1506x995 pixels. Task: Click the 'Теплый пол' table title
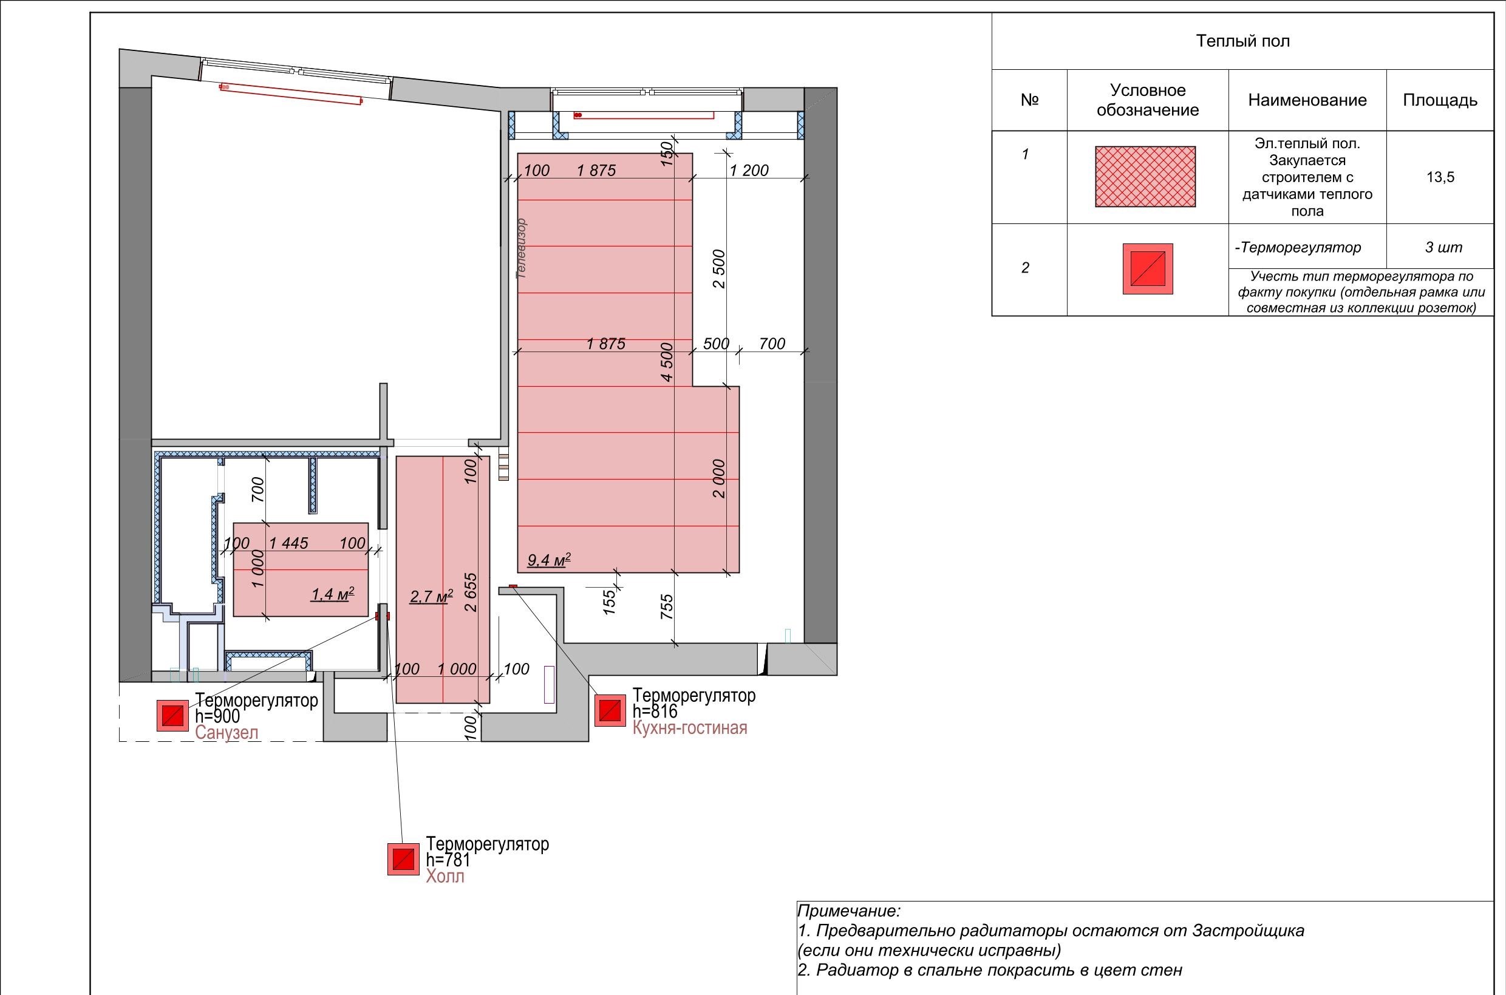[1242, 41]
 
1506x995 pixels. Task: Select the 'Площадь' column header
[1440, 100]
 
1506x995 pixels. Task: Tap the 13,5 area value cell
[1440, 177]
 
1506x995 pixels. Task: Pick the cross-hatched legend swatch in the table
[1145, 177]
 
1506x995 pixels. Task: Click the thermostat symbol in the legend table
[1148, 269]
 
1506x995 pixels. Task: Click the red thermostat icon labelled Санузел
[172, 716]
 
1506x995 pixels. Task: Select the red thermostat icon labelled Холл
[404, 859]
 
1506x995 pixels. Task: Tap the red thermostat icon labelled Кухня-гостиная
[610, 711]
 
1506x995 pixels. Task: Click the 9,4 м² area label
[549, 560]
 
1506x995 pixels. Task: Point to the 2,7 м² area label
[432, 597]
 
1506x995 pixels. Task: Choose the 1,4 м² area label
[333, 594]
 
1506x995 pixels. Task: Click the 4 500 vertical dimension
[666, 362]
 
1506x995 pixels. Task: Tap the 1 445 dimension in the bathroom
[289, 543]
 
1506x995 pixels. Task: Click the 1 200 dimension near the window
[749, 170]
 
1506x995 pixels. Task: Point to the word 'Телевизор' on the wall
[522, 249]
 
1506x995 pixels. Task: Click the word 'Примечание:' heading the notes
[848, 911]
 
